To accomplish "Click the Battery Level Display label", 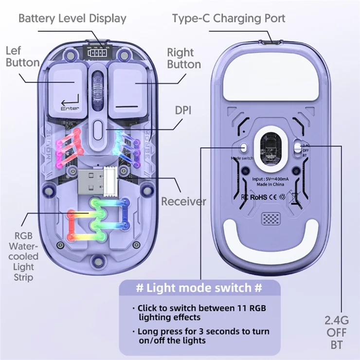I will tap(72, 18).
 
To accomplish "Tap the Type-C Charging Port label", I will tap(228, 18).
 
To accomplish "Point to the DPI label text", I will tap(183, 111).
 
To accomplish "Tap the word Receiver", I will tap(183, 201).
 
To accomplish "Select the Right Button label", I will tap(183, 58).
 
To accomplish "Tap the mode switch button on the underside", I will tap(243, 147).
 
